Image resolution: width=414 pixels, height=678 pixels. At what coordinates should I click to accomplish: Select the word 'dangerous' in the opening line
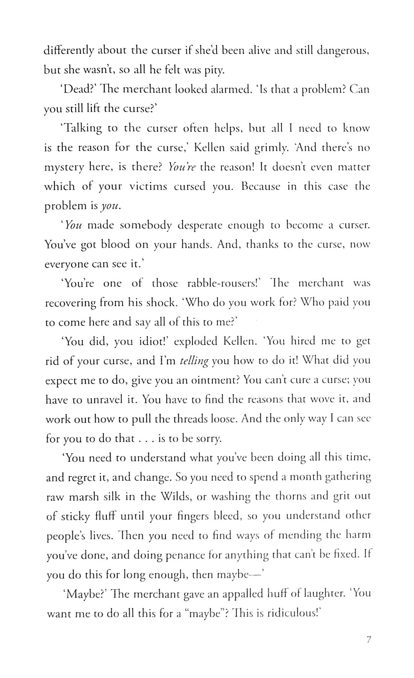(x=342, y=51)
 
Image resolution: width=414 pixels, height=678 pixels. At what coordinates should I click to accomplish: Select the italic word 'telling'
(x=194, y=361)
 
